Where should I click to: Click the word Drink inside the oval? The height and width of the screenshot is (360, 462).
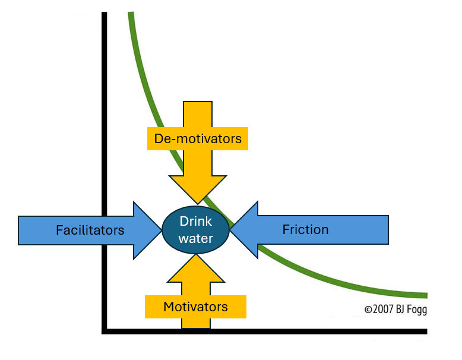pos(196,221)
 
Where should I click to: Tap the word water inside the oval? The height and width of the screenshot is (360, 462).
pos(196,238)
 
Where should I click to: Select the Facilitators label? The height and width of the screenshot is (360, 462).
pos(90,230)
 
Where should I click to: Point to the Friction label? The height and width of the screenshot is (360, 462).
pos(305,229)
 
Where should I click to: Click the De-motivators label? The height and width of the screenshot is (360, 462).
pos(198,139)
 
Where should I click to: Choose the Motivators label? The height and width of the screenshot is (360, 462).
pos(195,307)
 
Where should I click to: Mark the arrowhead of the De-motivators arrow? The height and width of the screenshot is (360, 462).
pos(198,190)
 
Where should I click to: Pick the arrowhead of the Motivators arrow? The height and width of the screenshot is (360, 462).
pos(197,267)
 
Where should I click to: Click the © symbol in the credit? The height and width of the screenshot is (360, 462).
pos(368,310)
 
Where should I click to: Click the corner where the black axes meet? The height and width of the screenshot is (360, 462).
pos(105,331)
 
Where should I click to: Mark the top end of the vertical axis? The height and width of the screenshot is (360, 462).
pos(105,14)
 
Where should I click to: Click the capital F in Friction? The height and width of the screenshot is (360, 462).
pos(286,229)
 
